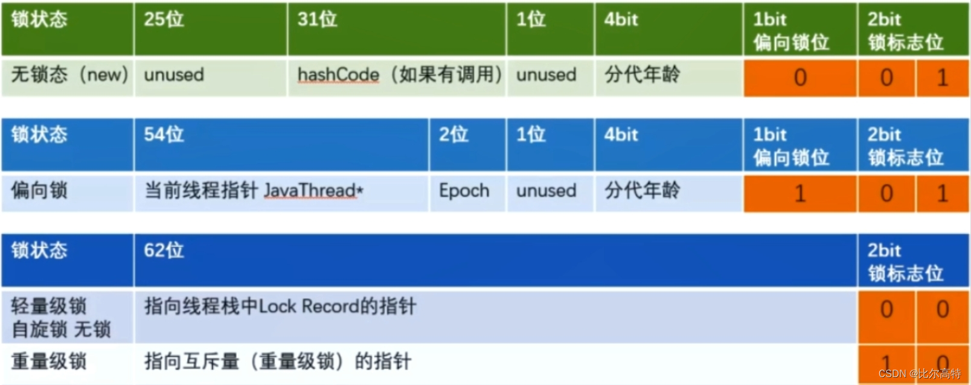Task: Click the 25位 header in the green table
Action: coord(164,19)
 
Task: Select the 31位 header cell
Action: coord(317,19)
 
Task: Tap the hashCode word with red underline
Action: coord(338,75)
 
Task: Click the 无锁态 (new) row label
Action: coord(69,75)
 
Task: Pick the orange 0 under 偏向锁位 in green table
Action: coord(800,78)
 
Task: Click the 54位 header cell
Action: coord(164,134)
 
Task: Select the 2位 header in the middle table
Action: coord(453,134)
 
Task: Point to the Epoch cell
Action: coord(464,191)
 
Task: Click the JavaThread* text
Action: coord(313,191)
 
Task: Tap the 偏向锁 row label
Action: coord(39,191)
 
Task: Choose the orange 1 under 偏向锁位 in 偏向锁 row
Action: coord(800,194)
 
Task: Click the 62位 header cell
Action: coord(164,250)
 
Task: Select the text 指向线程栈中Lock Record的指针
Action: coord(280,307)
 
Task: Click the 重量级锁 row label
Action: coord(49,361)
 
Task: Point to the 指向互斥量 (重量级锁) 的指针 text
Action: coord(278,361)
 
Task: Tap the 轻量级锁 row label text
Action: coord(49,306)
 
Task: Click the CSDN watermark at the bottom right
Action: coord(919,374)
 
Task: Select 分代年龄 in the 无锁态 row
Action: coord(642,75)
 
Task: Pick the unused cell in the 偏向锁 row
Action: coord(546,191)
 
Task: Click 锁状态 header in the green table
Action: coord(39,19)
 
